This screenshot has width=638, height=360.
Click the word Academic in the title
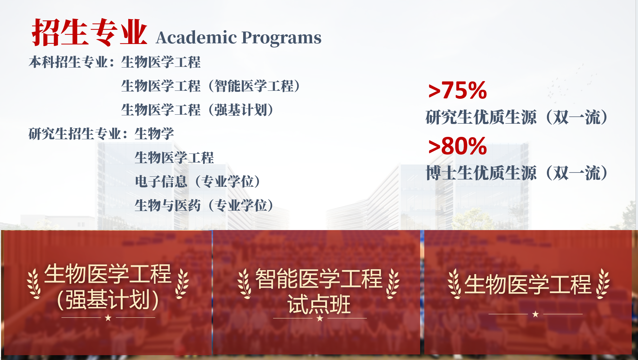tap(196, 37)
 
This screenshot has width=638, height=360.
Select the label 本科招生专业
tap(68, 62)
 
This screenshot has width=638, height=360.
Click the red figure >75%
tap(458, 90)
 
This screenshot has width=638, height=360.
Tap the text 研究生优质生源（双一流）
tap(517, 117)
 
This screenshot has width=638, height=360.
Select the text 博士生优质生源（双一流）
tap(517, 173)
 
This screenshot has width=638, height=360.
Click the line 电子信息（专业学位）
tap(198, 181)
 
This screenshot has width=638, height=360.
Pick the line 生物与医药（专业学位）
tap(204, 205)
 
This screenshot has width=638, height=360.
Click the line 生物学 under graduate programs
tap(154, 134)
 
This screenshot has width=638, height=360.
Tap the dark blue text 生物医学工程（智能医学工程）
tap(211, 86)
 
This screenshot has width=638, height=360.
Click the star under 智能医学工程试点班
tap(320, 318)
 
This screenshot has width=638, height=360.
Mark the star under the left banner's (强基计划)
tap(108, 317)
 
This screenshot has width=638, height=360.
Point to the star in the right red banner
tap(535, 314)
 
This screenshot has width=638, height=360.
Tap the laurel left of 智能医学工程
tap(245, 283)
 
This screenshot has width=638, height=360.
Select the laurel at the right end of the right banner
tap(603, 283)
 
